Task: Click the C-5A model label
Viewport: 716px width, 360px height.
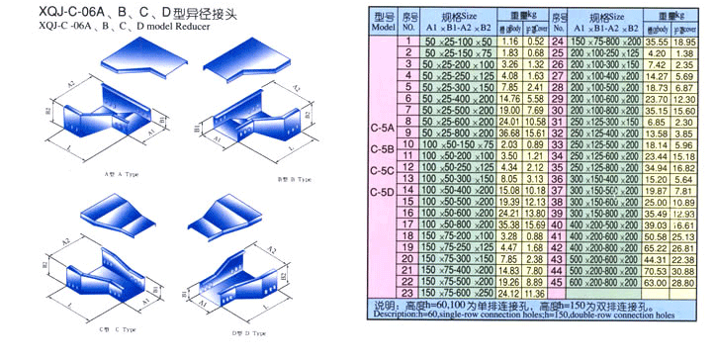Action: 382,130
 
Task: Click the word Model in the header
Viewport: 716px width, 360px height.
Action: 384,28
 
